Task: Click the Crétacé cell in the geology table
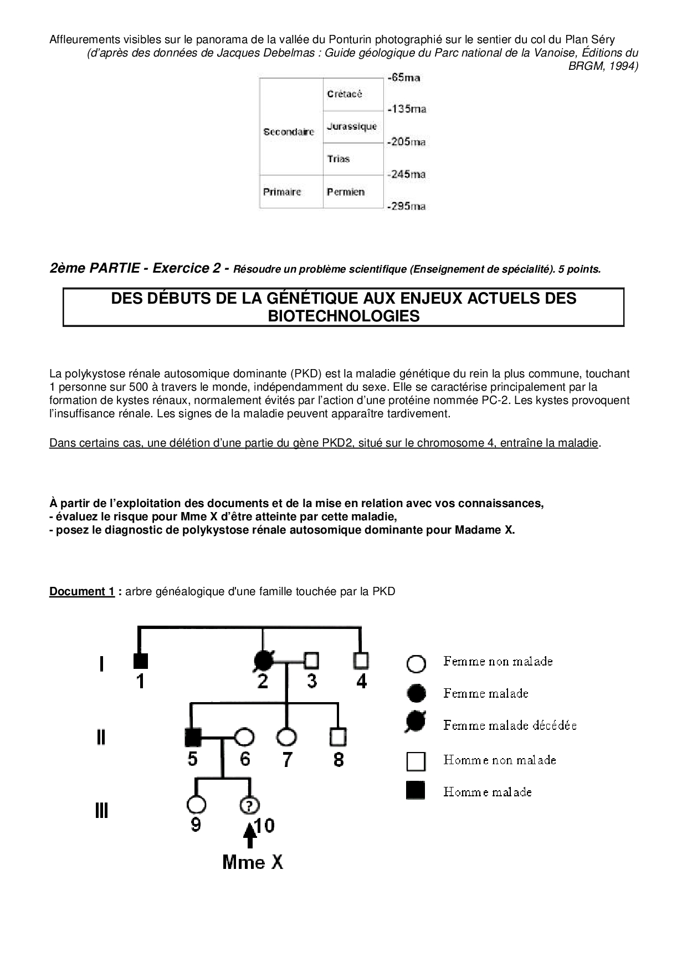(x=353, y=94)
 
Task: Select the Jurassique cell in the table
(x=353, y=126)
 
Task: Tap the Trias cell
(x=353, y=159)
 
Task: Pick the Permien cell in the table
(x=353, y=192)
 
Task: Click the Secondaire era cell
(x=290, y=132)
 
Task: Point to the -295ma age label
(x=407, y=207)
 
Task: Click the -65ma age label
(x=404, y=78)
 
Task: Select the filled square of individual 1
(x=140, y=661)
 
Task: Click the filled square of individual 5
(x=192, y=737)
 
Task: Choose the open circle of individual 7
(x=286, y=737)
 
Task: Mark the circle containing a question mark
(x=250, y=804)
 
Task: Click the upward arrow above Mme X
(x=250, y=834)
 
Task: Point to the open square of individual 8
(x=338, y=737)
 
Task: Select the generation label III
(x=101, y=811)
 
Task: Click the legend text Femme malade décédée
(x=510, y=725)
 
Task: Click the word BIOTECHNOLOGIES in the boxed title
(x=343, y=316)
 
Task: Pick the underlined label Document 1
(x=82, y=591)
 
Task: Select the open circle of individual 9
(x=197, y=804)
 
